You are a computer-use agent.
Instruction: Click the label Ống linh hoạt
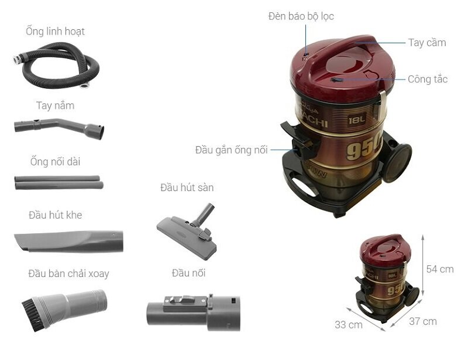pos(55,31)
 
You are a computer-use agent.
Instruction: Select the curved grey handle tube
pos(58,126)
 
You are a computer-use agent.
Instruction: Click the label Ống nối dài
pos(55,161)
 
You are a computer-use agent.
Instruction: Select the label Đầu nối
pos(188,273)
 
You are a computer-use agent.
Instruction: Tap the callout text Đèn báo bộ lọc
pos(301,16)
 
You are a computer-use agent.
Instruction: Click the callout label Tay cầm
pos(427,42)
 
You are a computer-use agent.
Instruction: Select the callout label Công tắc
pos(427,79)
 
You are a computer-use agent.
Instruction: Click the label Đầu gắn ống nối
pos(231,150)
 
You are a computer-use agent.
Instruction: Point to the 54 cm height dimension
pos(439,269)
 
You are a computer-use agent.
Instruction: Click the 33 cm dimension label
pos(348,324)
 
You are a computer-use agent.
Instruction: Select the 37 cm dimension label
pos(422,321)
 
